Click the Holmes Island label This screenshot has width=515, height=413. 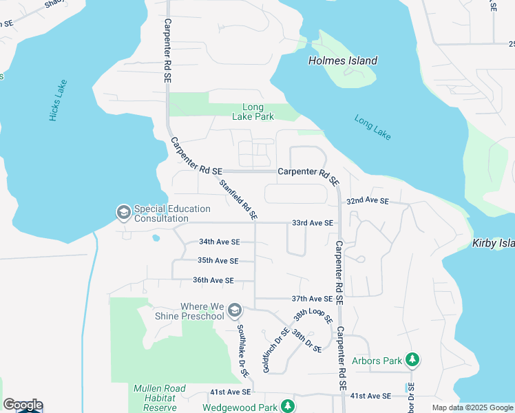[x=342, y=61]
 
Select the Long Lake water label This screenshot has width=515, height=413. [x=372, y=128]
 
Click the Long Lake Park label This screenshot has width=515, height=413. [x=258, y=112]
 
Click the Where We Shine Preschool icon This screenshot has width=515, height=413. [x=235, y=311]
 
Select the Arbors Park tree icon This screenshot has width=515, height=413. [x=412, y=360]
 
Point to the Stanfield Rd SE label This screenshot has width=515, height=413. [x=238, y=200]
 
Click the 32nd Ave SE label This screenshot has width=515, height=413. [x=368, y=201]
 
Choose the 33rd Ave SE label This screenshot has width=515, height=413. [x=312, y=223]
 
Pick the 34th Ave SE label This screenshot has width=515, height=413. [x=219, y=242]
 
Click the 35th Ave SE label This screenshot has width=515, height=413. [x=218, y=261]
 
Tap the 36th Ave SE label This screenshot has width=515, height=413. [x=213, y=280]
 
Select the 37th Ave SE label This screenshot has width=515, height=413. [x=312, y=299]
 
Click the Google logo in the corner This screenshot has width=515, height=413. [x=23, y=405]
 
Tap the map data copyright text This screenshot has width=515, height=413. [x=472, y=407]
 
